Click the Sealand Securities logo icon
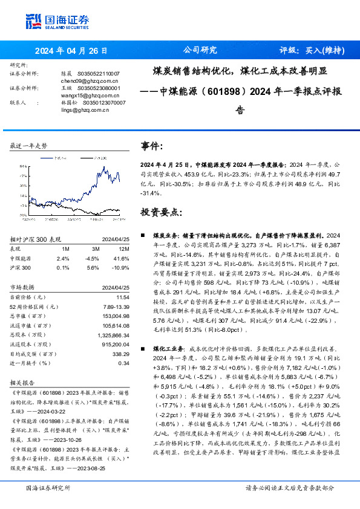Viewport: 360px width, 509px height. pyautogui.click(x=33, y=22)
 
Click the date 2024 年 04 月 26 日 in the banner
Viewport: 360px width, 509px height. pyautogui.click(x=71, y=50)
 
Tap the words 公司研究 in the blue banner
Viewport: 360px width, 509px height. pyautogui.click(x=199, y=50)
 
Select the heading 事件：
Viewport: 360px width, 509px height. pyautogui.click(x=152, y=146)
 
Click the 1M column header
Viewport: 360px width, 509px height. pyautogui.click(x=65, y=248)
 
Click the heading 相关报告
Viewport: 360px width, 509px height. pyautogui.click(x=22, y=383)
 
